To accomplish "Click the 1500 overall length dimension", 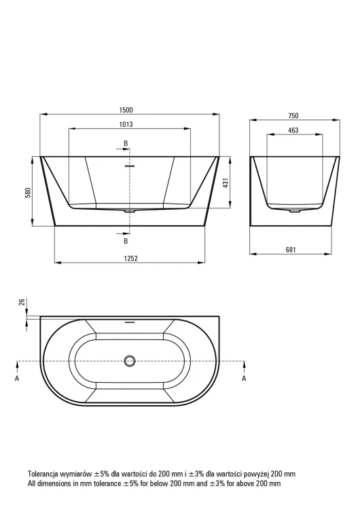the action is (x=126, y=110).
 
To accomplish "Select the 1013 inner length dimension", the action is (x=126, y=124).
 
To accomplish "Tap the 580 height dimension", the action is (x=29, y=193).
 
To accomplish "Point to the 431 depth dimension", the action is (x=226, y=183).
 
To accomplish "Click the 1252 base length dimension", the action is (x=131, y=258).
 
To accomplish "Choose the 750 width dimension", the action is (x=293, y=115).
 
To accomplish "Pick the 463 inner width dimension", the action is (x=293, y=130).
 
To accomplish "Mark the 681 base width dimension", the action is (x=291, y=250).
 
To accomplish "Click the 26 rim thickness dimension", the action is (x=22, y=302).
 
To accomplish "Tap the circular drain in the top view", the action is (x=130, y=361).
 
